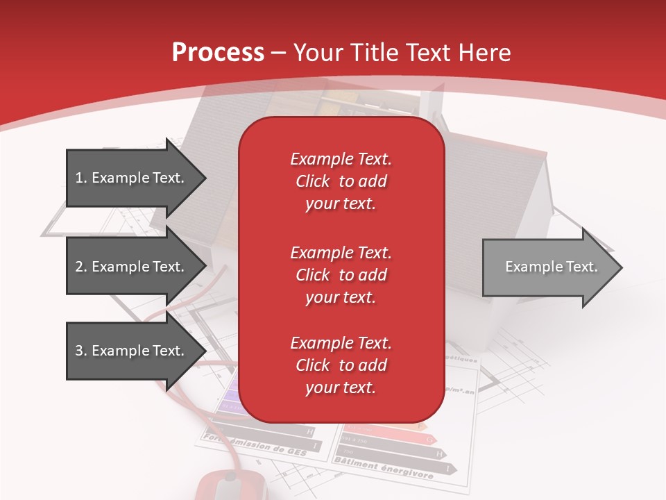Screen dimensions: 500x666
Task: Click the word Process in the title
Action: pyautogui.click(x=218, y=53)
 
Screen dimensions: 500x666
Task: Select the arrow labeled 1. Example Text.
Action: pyautogui.click(x=132, y=178)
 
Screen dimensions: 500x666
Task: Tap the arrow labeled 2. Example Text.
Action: pyautogui.click(x=132, y=267)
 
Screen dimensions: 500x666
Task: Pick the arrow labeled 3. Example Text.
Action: pyautogui.click(x=132, y=351)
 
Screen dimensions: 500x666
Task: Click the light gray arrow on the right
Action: pyautogui.click(x=548, y=267)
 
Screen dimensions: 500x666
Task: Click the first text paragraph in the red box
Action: pyautogui.click(x=341, y=181)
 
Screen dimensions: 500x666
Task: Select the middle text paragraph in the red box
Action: pyautogui.click(x=341, y=274)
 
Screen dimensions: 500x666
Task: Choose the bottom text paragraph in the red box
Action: pyautogui.click(x=341, y=365)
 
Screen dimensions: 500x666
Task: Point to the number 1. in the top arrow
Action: pyautogui.click(x=81, y=178)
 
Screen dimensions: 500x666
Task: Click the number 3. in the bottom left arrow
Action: pyautogui.click(x=81, y=351)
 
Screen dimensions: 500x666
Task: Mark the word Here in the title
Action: pyautogui.click(x=488, y=53)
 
